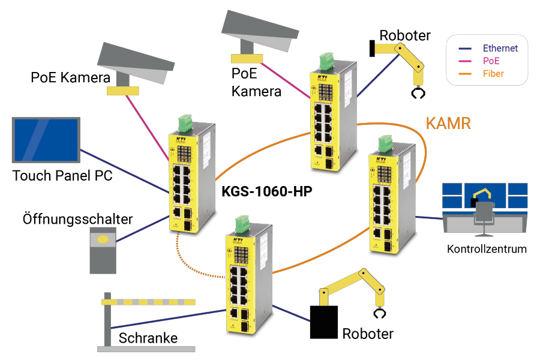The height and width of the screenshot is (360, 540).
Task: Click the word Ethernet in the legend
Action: click(x=500, y=47)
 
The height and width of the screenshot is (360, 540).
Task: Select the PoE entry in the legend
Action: click(x=491, y=61)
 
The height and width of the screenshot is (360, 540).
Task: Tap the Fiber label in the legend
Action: click(x=493, y=74)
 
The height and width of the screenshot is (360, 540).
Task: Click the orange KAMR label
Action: click(x=448, y=124)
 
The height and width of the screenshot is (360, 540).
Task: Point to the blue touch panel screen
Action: click(x=46, y=139)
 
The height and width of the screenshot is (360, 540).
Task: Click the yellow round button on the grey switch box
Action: click(x=103, y=239)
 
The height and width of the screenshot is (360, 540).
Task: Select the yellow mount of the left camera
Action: click(x=122, y=91)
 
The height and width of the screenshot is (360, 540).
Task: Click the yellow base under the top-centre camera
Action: click(x=247, y=59)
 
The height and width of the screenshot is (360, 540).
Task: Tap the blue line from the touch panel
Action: click(x=126, y=172)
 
